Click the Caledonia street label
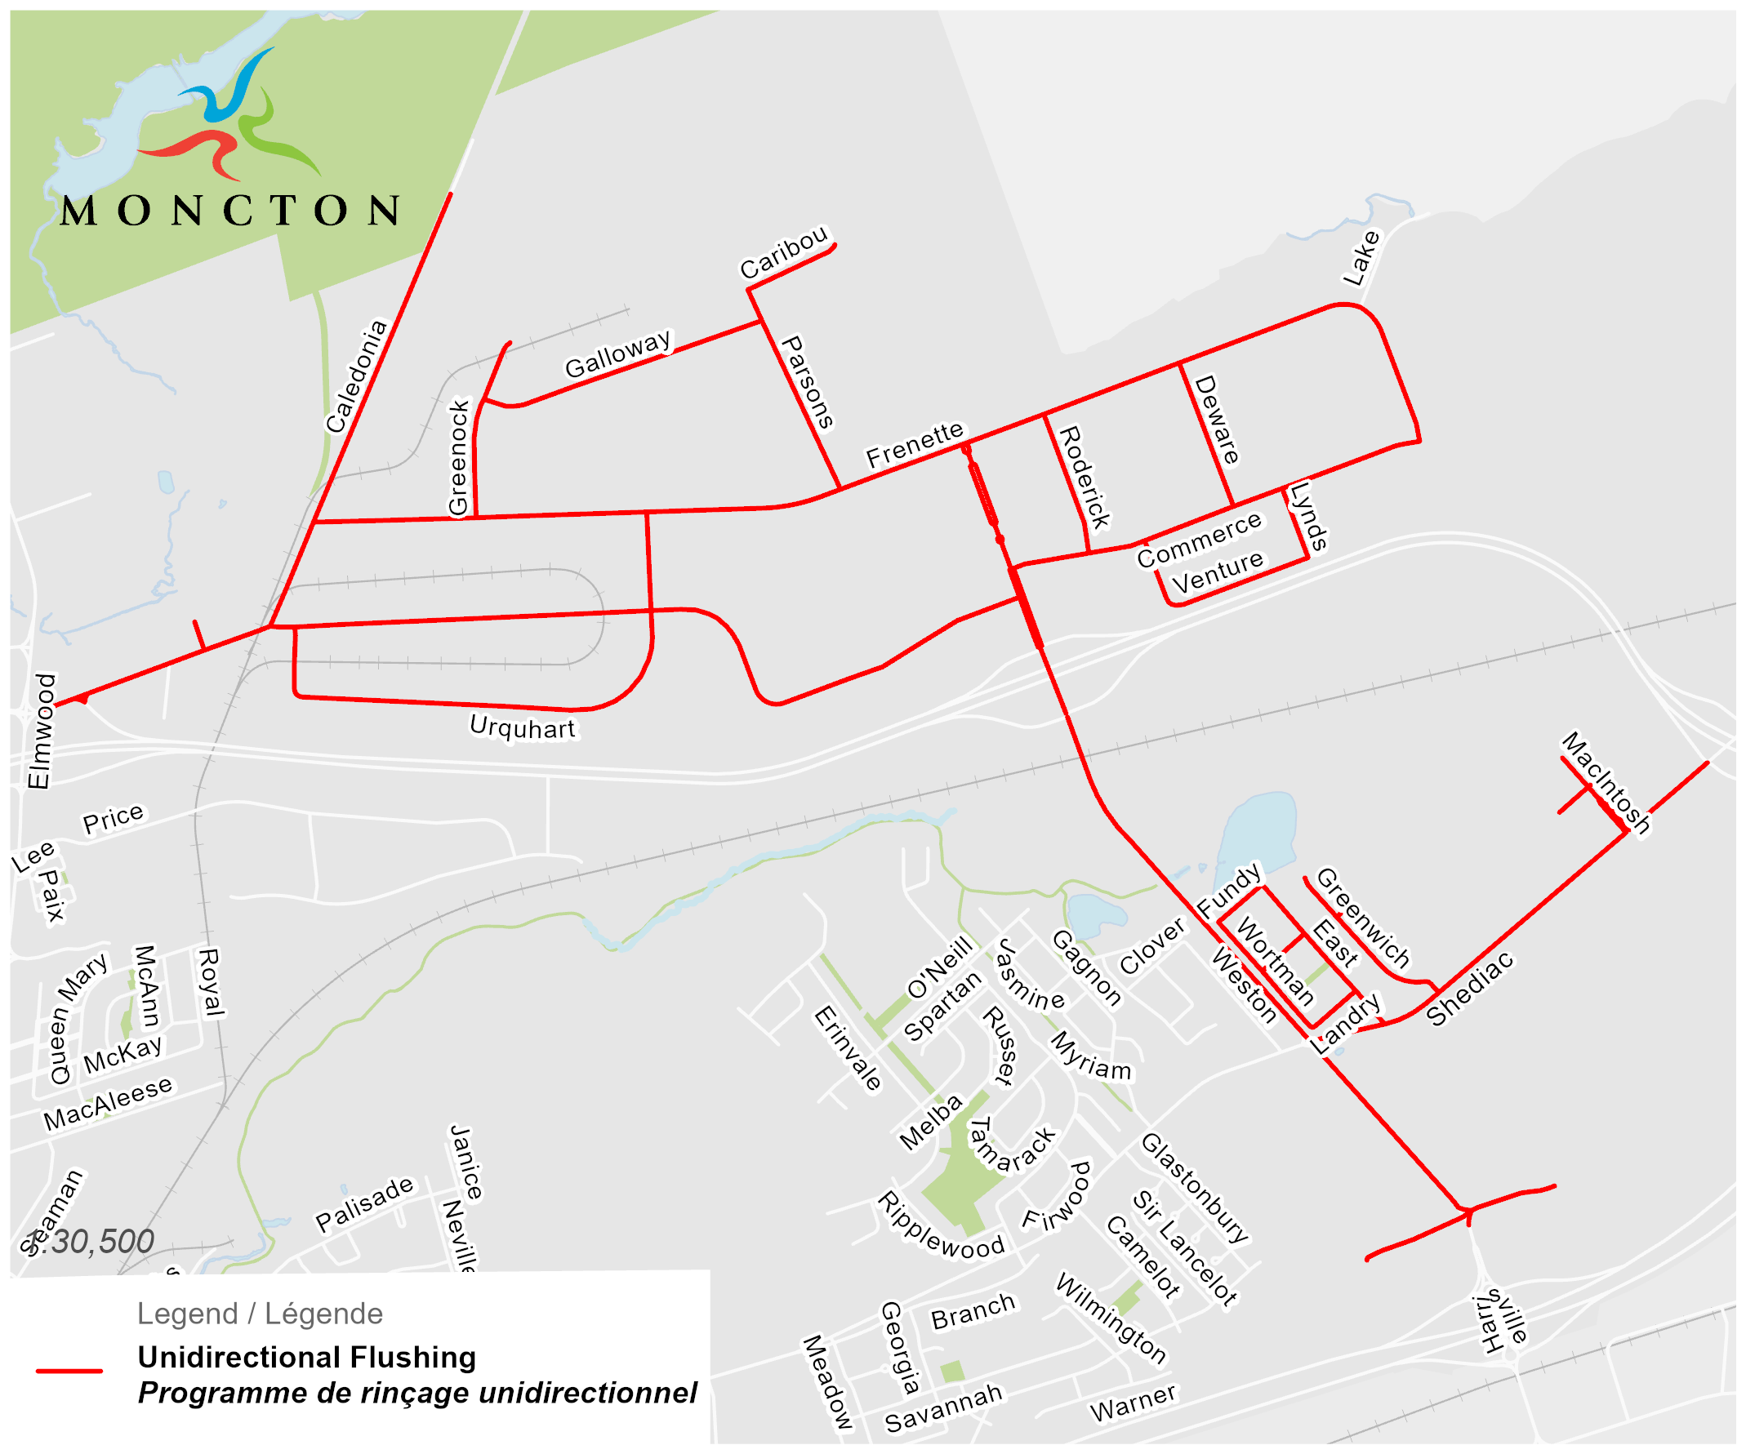tap(357, 376)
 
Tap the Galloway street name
tap(617, 354)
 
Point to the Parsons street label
tap(807, 382)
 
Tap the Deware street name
tap(1217, 419)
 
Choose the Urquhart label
tap(522, 727)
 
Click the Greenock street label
tap(458, 457)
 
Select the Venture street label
tap(1217, 572)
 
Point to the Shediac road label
tap(1470, 989)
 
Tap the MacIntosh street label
tap(1606, 782)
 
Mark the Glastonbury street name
tap(1195, 1187)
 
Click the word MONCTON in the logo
tap(230, 211)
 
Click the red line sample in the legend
tap(69, 1371)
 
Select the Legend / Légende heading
tap(260, 1314)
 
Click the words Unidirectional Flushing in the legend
tap(307, 1358)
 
